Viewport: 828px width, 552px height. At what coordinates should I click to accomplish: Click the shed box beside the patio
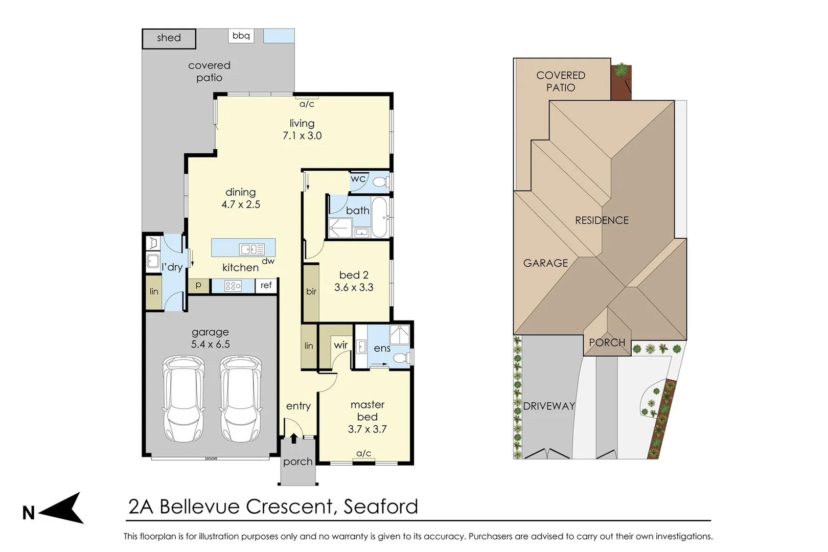[x=169, y=38]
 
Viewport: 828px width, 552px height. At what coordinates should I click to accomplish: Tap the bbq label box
[x=241, y=36]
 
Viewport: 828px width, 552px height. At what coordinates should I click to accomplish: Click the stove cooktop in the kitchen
[x=233, y=286]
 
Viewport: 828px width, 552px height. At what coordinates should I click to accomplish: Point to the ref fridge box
[x=266, y=285]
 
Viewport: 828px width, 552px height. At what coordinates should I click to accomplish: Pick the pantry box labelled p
[x=198, y=285]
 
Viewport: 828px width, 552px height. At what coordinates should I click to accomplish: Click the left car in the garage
[x=183, y=399]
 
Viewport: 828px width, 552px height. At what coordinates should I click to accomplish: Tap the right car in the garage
[x=240, y=399]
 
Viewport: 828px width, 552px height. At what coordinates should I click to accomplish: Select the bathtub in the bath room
[x=379, y=217]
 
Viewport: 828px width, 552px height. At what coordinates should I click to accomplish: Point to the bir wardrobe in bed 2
[x=311, y=292]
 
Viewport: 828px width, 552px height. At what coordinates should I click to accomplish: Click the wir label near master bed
[x=340, y=345]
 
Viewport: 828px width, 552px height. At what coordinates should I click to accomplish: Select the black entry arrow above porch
[x=294, y=438]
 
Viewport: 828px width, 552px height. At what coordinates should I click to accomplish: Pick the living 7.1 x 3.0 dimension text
[x=302, y=135]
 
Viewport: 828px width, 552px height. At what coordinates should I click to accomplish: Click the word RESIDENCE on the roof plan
[x=602, y=220]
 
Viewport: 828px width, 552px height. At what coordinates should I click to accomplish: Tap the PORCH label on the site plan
[x=607, y=342]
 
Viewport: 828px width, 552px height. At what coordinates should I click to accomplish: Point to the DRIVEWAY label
[x=549, y=406]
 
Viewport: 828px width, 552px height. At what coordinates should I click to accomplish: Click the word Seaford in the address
[x=380, y=507]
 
